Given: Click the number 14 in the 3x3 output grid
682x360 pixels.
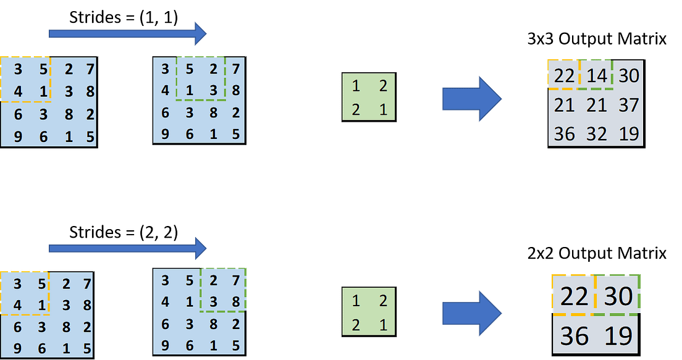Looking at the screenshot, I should click(596, 76).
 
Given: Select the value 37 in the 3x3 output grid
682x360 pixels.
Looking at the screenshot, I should click(628, 105).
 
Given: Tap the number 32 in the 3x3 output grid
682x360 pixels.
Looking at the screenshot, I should click(596, 133).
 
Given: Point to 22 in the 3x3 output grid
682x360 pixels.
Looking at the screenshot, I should click(564, 76).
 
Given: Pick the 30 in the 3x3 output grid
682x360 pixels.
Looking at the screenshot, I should click(628, 76).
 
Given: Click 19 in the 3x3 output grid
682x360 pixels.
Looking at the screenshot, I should click(628, 133).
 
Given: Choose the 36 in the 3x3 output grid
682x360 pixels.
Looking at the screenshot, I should click(564, 133).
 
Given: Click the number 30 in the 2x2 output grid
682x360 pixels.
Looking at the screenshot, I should click(618, 297).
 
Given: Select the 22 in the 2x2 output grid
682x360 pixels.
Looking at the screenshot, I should click(574, 297).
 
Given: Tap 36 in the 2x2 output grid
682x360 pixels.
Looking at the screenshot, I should click(574, 336).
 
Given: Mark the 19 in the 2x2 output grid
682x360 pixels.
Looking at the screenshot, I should click(618, 336).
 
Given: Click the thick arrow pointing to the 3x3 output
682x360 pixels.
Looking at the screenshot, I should click(471, 98).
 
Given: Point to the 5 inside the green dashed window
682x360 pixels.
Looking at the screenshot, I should click(190, 69).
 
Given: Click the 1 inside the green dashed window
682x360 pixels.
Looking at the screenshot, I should click(190, 91).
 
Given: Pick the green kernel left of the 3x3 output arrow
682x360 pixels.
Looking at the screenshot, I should click(369, 95).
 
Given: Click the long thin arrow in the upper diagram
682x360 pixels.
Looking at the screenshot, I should click(127, 33).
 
